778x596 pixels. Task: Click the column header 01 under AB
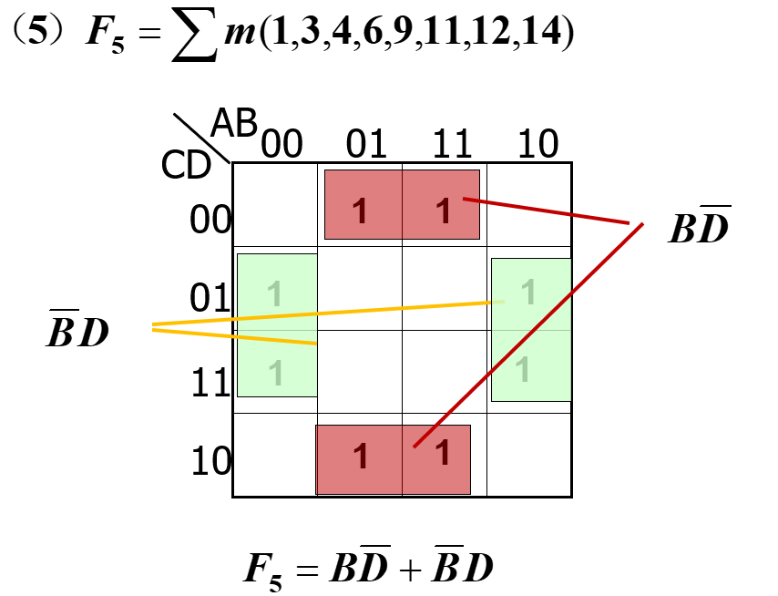point(366,144)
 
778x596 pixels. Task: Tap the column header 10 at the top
point(537,144)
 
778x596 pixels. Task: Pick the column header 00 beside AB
point(282,144)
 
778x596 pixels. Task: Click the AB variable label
point(234,123)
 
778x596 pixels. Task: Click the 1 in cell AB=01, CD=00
point(361,211)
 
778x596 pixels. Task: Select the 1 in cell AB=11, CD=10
point(442,453)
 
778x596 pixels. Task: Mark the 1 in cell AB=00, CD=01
point(276,293)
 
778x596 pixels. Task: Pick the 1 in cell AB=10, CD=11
point(523,369)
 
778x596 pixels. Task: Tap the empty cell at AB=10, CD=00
point(528,205)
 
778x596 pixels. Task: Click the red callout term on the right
point(699,227)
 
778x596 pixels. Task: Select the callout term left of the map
point(77,333)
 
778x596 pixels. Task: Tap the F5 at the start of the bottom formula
point(265,570)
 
